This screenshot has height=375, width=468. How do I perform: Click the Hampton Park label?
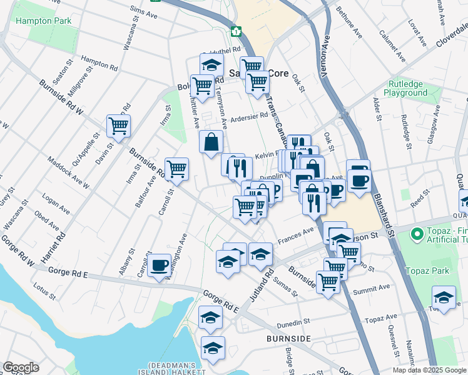(x=44, y=21)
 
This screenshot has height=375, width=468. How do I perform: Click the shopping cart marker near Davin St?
(x=118, y=126)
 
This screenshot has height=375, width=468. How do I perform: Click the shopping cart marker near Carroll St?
(x=177, y=168)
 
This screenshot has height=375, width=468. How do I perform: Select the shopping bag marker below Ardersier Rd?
(x=211, y=141)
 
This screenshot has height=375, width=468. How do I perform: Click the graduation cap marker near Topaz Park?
(x=443, y=297)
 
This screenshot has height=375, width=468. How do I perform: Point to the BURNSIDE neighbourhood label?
(x=289, y=338)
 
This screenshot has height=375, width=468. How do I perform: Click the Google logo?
(x=21, y=367)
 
